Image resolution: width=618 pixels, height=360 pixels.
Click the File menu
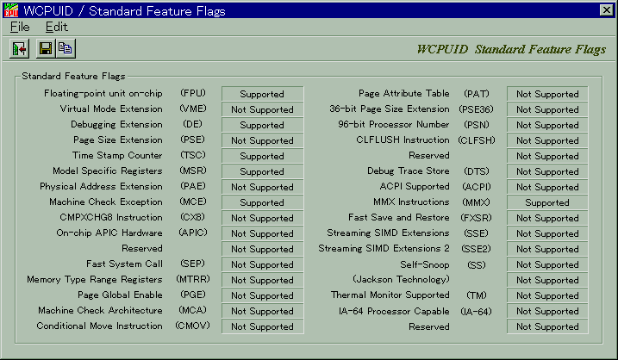tap(20, 27)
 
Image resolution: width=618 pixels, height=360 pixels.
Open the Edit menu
tap(56, 27)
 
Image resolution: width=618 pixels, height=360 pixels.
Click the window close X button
tap(606, 9)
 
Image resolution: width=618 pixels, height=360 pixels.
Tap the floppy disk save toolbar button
tap(46, 48)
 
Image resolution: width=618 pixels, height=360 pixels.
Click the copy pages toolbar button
tap(66, 48)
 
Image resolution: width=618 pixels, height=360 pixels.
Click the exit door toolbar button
tap(19, 48)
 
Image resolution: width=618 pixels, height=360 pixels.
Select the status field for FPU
tap(262, 94)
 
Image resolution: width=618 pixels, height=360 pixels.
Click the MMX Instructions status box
tap(547, 202)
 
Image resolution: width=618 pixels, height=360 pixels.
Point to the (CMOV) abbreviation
tap(193, 326)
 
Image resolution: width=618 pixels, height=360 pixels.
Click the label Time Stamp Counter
tap(117, 155)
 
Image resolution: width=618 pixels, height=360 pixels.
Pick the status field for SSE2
tap(547, 249)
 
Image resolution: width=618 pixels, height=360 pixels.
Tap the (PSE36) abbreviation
tap(476, 109)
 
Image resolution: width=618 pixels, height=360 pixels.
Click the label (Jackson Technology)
tap(402, 279)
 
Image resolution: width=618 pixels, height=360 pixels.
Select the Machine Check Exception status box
tap(262, 202)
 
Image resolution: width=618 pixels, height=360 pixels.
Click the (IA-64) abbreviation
tap(476, 311)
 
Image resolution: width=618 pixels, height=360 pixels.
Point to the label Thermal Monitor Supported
tap(390, 295)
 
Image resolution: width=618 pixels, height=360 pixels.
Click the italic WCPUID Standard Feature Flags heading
tap(511, 49)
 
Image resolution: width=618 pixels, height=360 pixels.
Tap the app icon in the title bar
tap(10, 10)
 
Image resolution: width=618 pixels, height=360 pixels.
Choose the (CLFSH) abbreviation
tap(476, 140)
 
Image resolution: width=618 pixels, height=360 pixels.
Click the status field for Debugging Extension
tap(262, 125)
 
